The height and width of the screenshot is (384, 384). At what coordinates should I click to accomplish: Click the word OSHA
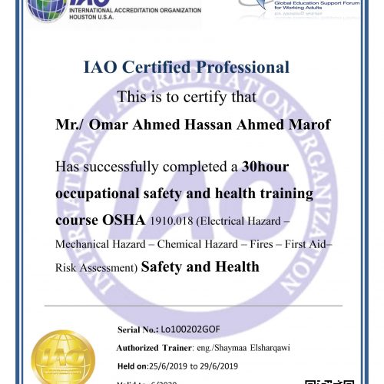click(124, 220)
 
